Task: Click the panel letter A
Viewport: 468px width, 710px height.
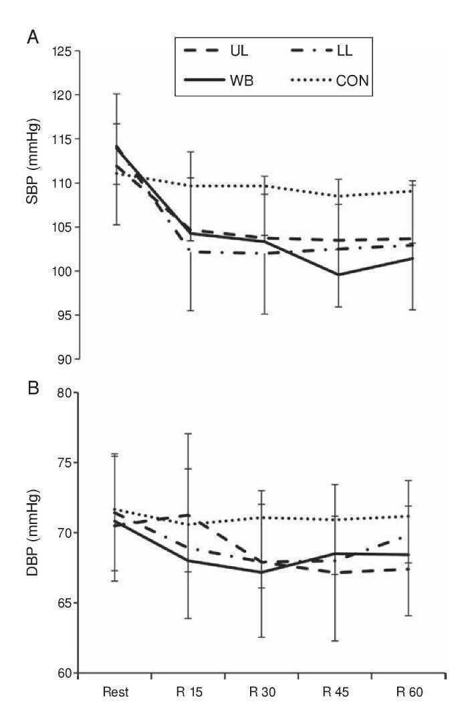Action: (x=31, y=38)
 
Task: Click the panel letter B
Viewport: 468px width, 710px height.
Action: (x=31, y=387)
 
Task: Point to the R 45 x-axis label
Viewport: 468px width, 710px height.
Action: (x=337, y=693)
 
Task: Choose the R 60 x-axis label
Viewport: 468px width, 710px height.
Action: (x=410, y=693)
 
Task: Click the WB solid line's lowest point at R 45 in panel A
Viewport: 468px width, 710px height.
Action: (x=338, y=274)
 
